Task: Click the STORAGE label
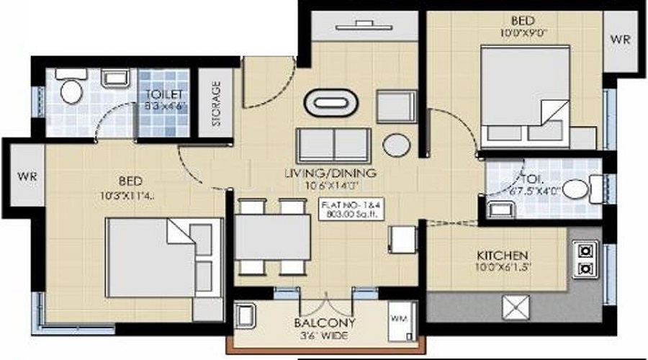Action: coord(216,104)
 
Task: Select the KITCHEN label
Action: coord(503,256)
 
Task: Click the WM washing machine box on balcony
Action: coord(398,318)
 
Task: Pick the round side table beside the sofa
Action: coord(396,144)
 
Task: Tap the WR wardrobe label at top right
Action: coord(619,40)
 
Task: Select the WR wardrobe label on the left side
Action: coord(27,176)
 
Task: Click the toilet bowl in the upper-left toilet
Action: coord(71,90)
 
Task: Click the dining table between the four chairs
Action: coord(272,238)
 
